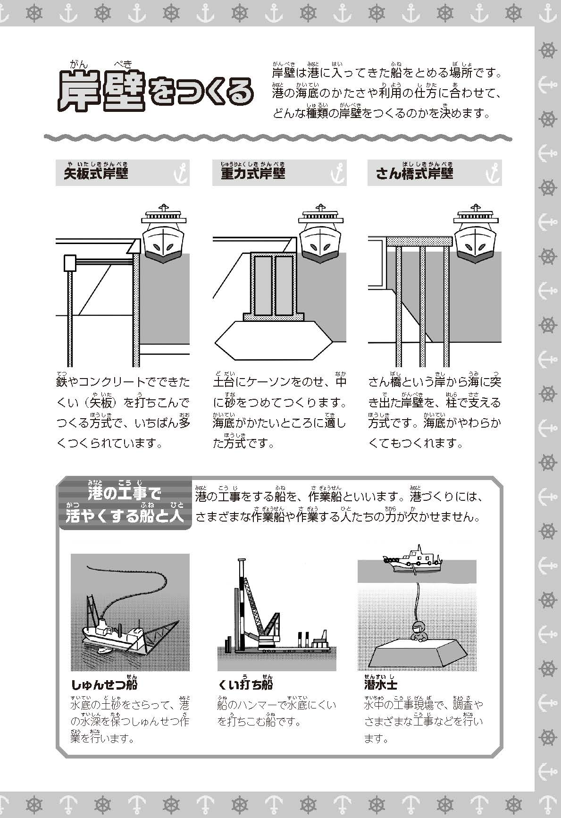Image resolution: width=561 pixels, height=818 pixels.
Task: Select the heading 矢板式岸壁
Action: [96, 173]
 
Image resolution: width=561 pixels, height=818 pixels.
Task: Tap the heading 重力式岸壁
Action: [253, 173]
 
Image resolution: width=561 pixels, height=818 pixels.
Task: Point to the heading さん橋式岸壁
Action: [414, 173]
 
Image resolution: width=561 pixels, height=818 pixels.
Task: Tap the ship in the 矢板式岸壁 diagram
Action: [162, 234]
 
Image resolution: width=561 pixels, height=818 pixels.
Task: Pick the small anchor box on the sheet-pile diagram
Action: [70, 263]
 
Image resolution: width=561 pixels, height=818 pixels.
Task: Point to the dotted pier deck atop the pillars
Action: [419, 242]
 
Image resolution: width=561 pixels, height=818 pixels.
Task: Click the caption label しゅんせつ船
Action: [104, 685]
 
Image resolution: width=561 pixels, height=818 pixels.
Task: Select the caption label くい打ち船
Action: [245, 685]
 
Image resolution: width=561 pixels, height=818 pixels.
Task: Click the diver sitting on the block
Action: [418, 632]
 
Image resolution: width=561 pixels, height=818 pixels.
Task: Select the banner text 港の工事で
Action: [125, 494]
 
